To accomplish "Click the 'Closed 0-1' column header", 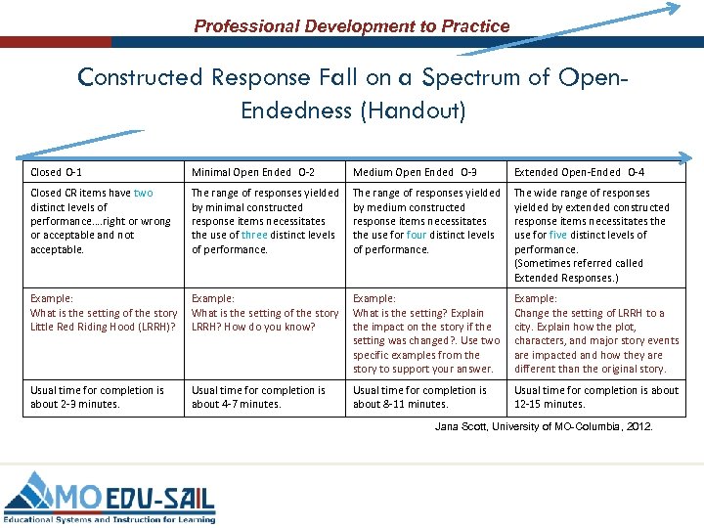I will pyautogui.click(x=55, y=172).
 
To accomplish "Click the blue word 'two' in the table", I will pyautogui.click(x=143, y=194).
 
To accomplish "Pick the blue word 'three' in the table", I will pyautogui.click(x=253, y=235).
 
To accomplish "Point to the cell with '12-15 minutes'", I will pyautogui.click(x=595, y=397).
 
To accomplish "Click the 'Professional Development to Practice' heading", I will pyautogui.click(x=352, y=26).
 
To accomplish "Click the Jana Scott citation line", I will pyautogui.click(x=544, y=427).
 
